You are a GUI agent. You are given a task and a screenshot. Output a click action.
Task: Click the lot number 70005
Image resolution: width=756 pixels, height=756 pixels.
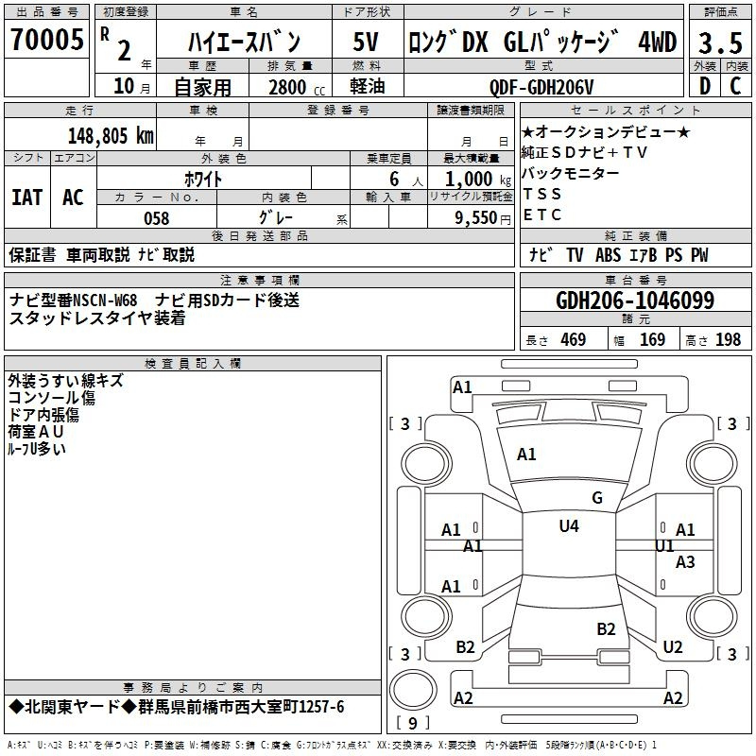[44, 41]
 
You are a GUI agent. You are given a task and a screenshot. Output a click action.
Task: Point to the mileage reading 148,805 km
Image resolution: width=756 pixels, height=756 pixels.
[111, 135]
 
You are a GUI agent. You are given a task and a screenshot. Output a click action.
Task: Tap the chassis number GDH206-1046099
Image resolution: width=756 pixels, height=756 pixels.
[635, 301]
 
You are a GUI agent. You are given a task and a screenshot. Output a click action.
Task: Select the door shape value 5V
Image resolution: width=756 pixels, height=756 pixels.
[367, 42]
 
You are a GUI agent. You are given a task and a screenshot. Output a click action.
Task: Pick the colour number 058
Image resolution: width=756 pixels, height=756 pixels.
[157, 218]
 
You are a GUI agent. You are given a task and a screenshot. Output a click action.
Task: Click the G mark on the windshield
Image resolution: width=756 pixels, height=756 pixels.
[596, 498]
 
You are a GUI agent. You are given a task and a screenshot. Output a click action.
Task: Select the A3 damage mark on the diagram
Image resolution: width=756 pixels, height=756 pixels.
[685, 562]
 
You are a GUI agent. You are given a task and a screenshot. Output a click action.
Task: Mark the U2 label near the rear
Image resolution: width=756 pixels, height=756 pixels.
[672, 647]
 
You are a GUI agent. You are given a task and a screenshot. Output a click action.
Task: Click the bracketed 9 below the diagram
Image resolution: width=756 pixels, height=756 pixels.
[412, 723]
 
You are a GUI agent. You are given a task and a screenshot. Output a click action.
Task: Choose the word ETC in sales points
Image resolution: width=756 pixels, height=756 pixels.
[542, 215]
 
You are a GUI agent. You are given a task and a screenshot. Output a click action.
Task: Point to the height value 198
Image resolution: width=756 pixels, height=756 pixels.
[729, 340]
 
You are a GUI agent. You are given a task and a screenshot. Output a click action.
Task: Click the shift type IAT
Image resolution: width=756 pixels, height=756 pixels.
[26, 198]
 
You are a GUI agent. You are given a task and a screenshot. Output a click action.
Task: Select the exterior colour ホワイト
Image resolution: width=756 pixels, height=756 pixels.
[203, 179]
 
